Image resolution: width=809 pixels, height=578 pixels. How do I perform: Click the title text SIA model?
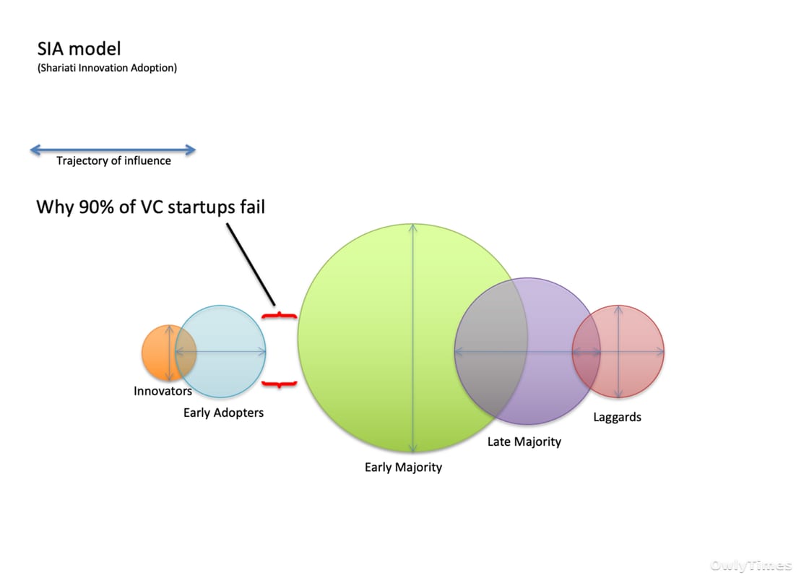click(x=79, y=48)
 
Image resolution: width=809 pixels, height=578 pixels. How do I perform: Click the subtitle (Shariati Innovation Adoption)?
click(x=107, y=68)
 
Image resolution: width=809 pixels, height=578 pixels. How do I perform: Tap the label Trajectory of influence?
click(x=113, y=160)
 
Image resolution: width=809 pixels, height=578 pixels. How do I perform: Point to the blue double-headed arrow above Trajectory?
click(x=113, y=150)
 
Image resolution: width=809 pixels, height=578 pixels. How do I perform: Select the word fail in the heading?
click(x=252, y=207)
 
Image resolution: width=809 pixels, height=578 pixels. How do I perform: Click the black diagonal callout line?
click(x=251, y=264)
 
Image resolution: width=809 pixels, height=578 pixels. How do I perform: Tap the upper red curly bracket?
click(x=279, y=315)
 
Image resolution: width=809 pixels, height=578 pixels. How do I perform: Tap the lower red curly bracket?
click(x=279, y=384)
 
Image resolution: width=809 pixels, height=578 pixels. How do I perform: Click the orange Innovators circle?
click(x=158, y=353)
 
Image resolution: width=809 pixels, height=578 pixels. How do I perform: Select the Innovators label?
click(x=163, y=391)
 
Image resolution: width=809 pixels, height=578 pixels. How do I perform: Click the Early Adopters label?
click(x=223, y=413)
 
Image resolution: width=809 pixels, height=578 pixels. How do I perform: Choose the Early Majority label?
click(x=404, y=467)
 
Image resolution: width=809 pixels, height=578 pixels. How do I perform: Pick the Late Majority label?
click(x=524, y=441)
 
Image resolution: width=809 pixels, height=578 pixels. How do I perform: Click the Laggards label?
click(x=617, y=417)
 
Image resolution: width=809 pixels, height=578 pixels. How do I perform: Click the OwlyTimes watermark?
click(x=750, y=566)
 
